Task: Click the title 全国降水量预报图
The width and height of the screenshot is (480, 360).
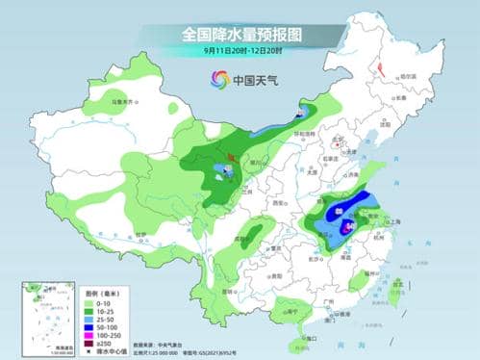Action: [x=240, y=34]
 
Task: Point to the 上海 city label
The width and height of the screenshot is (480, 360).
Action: [x=369, y=220]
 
